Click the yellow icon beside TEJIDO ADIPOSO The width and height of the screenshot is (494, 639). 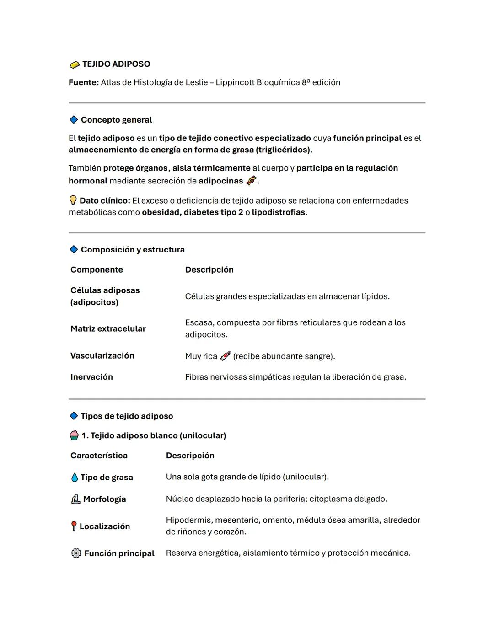74,65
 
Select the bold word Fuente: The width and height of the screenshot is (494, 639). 84,82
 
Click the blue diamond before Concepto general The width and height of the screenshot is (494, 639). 74,120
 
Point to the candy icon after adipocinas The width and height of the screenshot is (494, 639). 251,181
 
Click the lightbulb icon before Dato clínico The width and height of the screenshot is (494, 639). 73,200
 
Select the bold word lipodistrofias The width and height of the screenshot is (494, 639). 278,212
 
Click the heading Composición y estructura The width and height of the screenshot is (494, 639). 133,250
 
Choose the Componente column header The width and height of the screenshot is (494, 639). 97,270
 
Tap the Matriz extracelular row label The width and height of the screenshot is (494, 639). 108,329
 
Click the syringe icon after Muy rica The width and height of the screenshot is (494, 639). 225,356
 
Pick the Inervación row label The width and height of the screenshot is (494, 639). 91,377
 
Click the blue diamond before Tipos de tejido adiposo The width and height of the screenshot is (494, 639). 74,416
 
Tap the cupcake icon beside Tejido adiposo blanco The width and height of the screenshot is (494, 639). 74,435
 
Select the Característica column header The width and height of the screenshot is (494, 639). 99,456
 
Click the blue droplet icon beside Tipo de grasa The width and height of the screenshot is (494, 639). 75,477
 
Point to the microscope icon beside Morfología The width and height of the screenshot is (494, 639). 76,499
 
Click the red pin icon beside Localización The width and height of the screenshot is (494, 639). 74,526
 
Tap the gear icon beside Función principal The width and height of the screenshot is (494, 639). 76,553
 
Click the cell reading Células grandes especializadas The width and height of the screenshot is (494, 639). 287,296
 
